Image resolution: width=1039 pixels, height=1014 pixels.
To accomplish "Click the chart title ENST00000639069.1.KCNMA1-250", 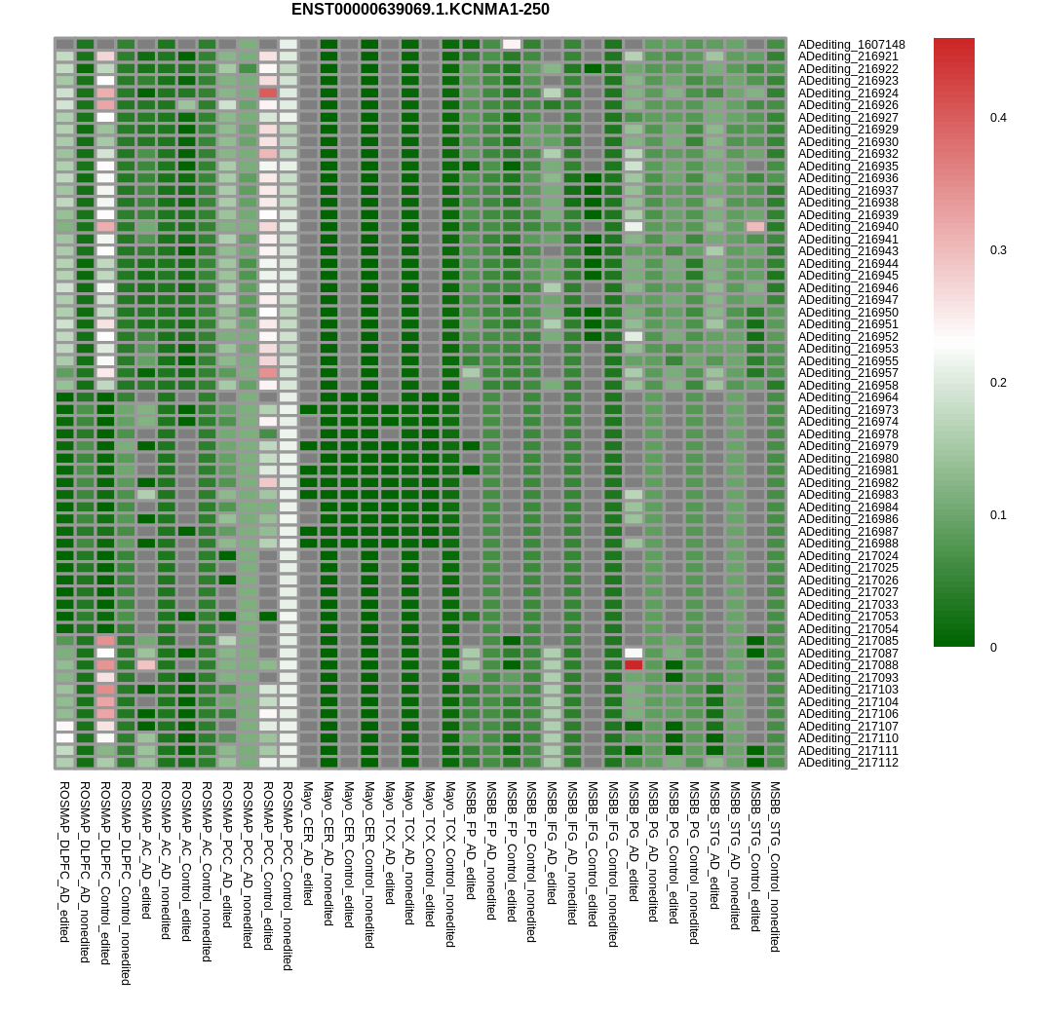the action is coord(420,10).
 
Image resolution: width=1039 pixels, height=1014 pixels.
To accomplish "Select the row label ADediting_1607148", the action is coord(852,45).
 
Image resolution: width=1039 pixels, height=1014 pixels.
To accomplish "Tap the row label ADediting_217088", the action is coord(848,665).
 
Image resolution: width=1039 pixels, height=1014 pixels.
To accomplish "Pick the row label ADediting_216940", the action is coord(848,227).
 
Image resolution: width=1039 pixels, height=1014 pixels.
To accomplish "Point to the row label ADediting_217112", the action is coord(848,763).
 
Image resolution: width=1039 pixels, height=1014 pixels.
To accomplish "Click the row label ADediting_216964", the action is coord(848,397).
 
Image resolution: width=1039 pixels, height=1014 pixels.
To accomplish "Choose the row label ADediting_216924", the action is coord(848,93).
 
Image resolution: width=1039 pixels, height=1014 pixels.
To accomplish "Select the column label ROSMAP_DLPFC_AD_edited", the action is coord(64,862).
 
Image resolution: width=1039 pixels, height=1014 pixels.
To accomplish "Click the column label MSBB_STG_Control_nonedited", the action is coord(775,866).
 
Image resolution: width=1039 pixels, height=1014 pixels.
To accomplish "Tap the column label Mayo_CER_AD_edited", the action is coord(308,844).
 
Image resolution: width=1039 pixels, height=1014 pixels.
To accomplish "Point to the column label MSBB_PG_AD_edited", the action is coord(633,842).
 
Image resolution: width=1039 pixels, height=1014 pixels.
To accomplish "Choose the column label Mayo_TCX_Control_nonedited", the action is coord(450,864).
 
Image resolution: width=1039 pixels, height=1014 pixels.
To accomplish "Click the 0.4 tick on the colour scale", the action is coord(998,118).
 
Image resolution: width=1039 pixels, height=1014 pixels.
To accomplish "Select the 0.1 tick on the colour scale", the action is coord(998,515).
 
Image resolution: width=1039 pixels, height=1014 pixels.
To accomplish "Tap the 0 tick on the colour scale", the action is coord(993,648).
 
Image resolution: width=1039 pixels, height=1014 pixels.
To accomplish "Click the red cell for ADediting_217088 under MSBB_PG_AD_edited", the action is coord(634,665).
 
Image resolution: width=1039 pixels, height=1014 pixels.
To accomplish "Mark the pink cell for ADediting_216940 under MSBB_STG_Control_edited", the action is coord(755,227).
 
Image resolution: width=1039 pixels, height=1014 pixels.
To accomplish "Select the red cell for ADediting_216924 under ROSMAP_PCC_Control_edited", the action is coord(268,93).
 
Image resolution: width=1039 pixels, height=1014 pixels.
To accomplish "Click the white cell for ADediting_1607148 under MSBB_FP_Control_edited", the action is coord(512,45).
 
